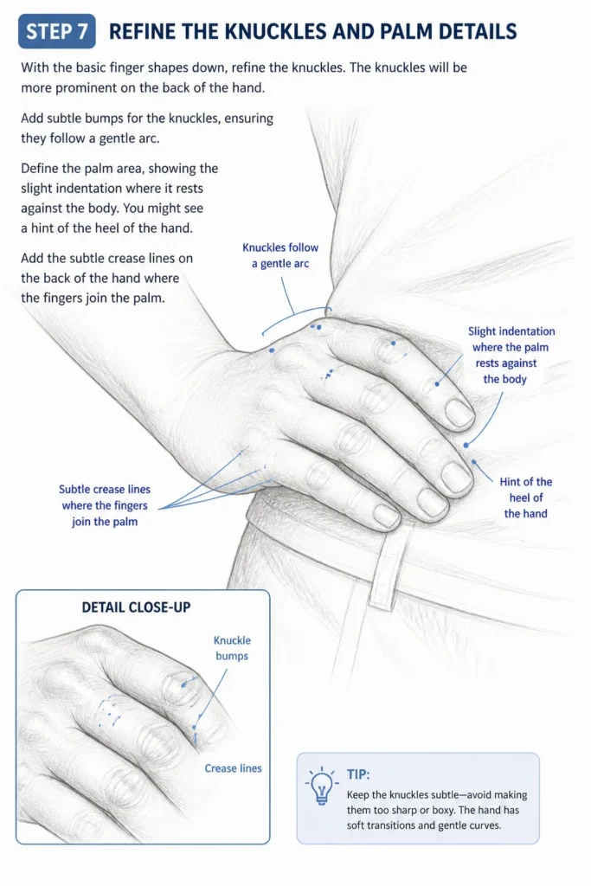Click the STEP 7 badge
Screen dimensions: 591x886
[x=57, y=31]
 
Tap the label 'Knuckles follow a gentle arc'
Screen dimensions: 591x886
[x=280, y=255]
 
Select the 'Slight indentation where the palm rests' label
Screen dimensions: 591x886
[x=511, y=355]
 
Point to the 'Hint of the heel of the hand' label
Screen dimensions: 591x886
[x=525, y=498]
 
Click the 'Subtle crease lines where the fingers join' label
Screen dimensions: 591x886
[x=105, y=505]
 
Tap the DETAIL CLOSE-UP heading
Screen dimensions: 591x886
[x=136, y=607]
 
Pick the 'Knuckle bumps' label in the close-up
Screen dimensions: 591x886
[x=232, y=648]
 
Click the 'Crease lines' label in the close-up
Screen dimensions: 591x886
[x=233, y=768]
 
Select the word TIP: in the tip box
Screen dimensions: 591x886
[x=358, y=774]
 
